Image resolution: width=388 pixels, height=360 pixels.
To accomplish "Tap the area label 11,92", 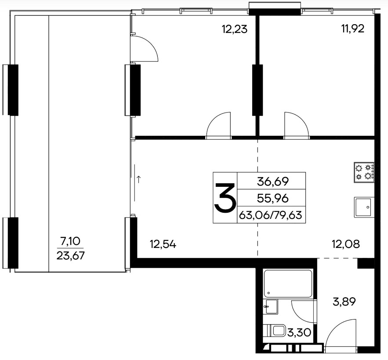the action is coord(353,29).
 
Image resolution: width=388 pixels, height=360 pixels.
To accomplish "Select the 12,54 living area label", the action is coord(163,245).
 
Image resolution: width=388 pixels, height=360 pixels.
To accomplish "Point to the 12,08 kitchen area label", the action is coord(346,245).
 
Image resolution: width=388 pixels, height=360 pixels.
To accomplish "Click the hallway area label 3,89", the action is coord(344,302).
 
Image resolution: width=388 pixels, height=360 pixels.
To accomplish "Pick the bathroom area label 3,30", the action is coord(299,332).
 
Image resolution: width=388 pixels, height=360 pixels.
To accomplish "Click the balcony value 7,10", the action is coord(70,241).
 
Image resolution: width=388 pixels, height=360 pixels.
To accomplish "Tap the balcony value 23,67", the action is coord(70,255).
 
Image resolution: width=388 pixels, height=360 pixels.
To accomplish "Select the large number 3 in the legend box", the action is coord(225,198).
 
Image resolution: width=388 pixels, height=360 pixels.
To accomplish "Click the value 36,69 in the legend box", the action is coord(273,182).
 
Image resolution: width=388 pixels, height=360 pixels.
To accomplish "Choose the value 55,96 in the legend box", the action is coord(273,198).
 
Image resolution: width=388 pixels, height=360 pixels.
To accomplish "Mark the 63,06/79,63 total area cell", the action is coord(271,215).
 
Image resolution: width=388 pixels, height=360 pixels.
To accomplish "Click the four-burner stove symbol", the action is coord(364,172).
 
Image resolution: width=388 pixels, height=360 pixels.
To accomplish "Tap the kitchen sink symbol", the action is coord(364,207).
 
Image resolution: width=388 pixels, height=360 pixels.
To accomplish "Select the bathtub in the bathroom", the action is coord(288,284).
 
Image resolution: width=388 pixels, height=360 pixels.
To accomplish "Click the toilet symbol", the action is coord(276,331).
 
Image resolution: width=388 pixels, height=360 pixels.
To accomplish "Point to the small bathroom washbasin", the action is coord(271,306).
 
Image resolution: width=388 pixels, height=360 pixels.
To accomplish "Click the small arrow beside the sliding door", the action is coord(139,179).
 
